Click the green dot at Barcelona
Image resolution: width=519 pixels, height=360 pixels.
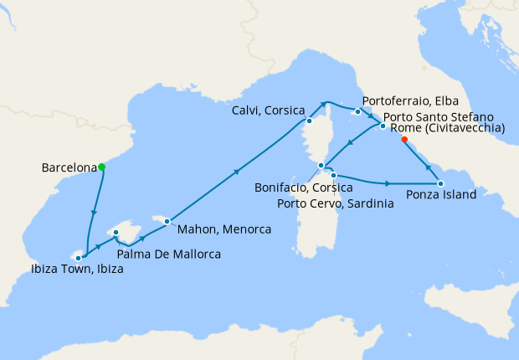click(102, 167)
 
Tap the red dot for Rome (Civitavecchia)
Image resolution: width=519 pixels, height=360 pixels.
click(403, 141)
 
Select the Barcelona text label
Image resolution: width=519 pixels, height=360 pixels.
click(69, 167)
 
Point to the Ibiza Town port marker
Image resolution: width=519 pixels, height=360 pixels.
click(79, 258)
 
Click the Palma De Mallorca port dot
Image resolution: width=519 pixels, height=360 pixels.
click(116, 233)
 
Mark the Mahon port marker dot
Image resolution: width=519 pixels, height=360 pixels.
click(167, 221)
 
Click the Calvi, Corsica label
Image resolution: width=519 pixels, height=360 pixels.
click(268, 111)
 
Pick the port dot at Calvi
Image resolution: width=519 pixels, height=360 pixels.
click(309, 120)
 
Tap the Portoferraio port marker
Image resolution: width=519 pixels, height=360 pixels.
click(357, 111)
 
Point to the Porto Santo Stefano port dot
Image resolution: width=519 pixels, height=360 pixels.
click(383, 126)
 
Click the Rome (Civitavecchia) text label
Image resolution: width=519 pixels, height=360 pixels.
click(447, 128)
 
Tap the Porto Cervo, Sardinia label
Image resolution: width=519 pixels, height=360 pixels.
click(334, 203)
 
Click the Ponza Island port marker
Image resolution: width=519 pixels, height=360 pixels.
click(440, 183)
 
